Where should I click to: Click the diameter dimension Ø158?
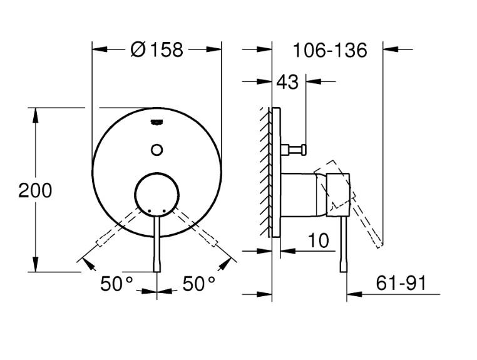(157, 49)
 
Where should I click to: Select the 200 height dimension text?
(35, 190)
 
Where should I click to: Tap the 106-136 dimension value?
(329, 50)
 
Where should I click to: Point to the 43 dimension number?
(287, 82)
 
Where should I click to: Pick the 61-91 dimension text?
(401, 283)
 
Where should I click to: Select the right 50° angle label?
(199, 284)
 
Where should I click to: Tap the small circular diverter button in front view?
(157, 149)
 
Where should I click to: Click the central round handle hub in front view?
(157, 192)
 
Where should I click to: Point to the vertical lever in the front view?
(157, 244)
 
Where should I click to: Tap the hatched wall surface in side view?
(265, 172)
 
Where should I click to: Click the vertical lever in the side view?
(344, 244)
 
